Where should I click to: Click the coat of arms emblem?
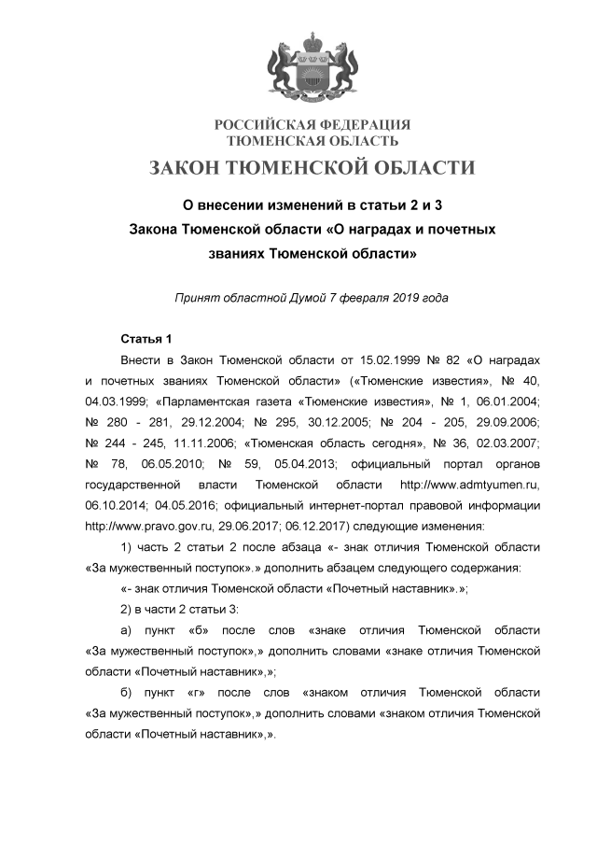click(x=312, y=67)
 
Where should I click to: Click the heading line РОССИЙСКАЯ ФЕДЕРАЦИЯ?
click(x=312, y=125)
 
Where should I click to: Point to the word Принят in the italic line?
click(x=197, y=298)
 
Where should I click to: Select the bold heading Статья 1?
click(x=146, y=337)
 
